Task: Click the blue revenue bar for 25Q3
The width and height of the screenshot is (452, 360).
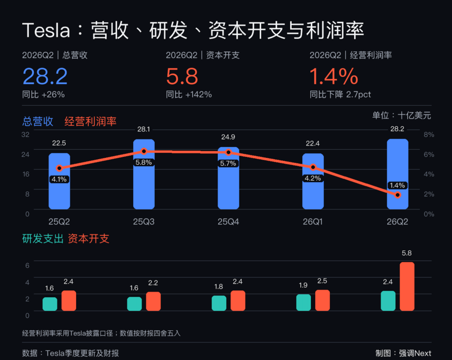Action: coord(144,174)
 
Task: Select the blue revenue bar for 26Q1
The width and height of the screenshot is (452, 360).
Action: coord(313,181)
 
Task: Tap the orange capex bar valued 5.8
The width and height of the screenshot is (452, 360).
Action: coord(407,286)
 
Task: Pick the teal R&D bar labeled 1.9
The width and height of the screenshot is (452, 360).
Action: coord(303,303)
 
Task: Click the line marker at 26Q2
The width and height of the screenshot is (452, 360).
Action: coord(398,195)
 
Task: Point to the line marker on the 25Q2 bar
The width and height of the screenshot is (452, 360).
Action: coord(59,168)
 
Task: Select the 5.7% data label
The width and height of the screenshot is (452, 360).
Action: coord(228,163)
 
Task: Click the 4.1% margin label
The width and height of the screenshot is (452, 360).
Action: coord(59,179)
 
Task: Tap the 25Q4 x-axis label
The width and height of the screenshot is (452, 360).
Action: coord(228,221)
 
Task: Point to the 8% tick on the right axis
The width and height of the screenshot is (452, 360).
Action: coord(429,134)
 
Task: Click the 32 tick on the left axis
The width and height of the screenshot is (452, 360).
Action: coord(25,134)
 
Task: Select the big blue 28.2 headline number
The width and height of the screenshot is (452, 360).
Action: coord(45,76)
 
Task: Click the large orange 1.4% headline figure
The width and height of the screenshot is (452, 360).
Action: coord(334,76)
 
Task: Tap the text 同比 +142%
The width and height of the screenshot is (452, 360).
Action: coord(189,95)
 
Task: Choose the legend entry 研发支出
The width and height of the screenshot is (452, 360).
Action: coord(43,239)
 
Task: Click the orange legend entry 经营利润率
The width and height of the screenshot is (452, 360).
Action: coord(90,121)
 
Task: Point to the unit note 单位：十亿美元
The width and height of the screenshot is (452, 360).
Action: coord(402,115)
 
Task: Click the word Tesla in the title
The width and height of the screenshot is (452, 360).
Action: coord(46,30)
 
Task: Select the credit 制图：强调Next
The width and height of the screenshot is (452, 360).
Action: coord(403,353)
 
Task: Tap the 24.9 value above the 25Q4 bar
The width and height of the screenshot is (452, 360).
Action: coord(228,137)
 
